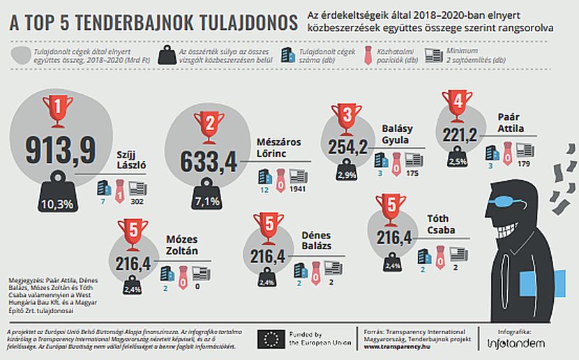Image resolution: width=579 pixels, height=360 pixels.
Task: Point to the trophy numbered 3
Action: pos(345,117)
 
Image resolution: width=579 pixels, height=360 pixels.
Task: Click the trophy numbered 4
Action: pos(457,107)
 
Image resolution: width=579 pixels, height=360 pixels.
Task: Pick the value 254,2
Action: pos(347,147)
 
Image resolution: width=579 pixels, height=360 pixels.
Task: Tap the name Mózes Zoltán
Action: pos(181,245)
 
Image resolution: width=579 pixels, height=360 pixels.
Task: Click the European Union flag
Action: pos(271,339)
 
